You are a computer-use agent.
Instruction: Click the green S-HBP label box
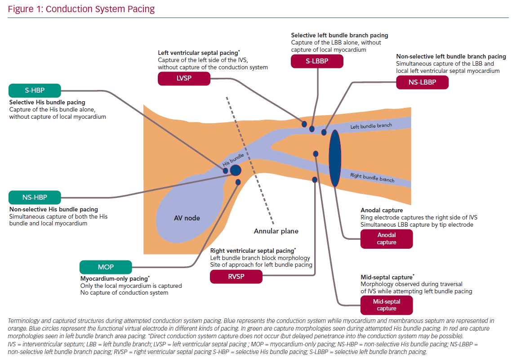[x=34, y=91]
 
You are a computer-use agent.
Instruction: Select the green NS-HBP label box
[x=35, y=197]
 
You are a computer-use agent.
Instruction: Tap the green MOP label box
[x=106, y=267]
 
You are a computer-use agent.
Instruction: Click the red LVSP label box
[x=184, y=79]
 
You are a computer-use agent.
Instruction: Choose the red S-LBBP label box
[x=317, y=61]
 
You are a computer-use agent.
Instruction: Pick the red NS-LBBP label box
[x=423, y=82]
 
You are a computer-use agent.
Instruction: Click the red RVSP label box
[x=236, y=276]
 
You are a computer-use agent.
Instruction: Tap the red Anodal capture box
[x=387, y=239]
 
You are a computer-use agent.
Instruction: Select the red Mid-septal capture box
[x=387, y=305]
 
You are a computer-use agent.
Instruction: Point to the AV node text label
[x=187, y=218]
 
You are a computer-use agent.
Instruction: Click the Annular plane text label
[x=276, y=231]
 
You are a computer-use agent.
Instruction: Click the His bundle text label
[x=233, y=160]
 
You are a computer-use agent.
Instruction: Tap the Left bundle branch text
[x=371, y=126]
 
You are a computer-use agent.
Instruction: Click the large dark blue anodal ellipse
[x=335, y=158]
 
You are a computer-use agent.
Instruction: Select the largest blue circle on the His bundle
[x=236, y=170]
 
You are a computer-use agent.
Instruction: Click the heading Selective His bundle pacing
[x=47, y=103]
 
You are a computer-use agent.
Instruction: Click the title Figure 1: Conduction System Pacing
[x=81, y=9]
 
